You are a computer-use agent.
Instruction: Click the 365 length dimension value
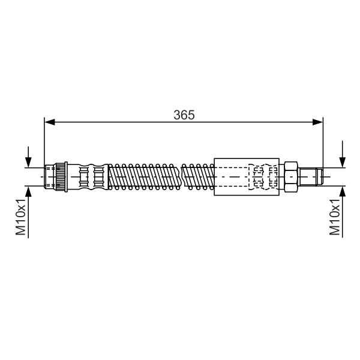(x=184, y=115)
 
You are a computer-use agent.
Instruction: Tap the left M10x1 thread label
(x=20, y=217)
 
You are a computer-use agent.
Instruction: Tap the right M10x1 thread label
(x=335, y=217)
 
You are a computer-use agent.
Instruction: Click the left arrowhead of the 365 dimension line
(x=50, y=122)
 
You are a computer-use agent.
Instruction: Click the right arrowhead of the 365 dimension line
(x=318, y=122)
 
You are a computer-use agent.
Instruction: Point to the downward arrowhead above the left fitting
(x=28, y=162)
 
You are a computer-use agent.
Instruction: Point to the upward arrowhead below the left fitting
(x=28, y=191)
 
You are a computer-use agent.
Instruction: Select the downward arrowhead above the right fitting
(x=343, y=162)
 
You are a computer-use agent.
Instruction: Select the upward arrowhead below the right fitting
(x=343, y=191)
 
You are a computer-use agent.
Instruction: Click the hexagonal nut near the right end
(x=291, y=177)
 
